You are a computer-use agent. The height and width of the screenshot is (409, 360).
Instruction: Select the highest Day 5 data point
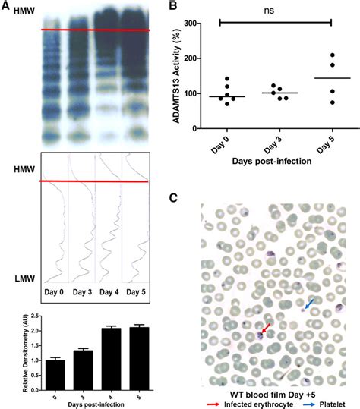(332, 55)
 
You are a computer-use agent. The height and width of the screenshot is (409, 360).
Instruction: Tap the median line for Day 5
(332, 78)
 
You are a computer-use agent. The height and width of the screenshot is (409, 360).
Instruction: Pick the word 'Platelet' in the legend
(329, 404)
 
